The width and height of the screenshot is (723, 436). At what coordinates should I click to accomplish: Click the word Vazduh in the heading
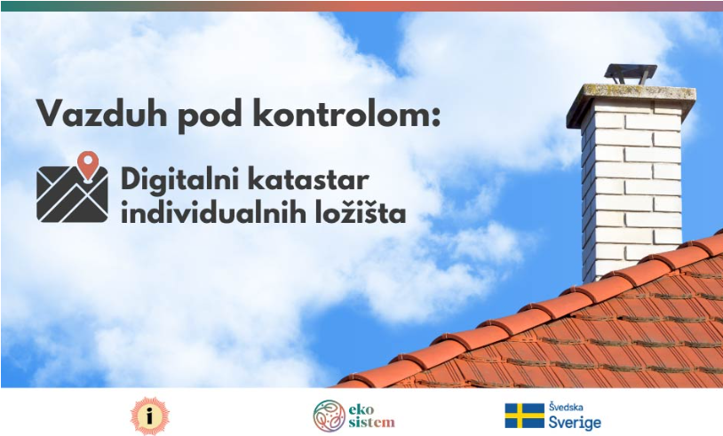click(x=101, y=113)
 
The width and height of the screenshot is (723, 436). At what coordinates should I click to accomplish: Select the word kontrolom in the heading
click(x=337, y=113)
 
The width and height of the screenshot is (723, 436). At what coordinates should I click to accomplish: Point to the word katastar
click(x=308, y=179)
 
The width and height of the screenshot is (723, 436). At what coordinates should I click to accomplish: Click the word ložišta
click(x=354, y=213)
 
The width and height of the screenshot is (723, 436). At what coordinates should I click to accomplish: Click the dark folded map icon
click(x=72, y=194)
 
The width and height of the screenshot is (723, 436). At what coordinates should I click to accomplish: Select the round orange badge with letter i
click(x=149, y=416)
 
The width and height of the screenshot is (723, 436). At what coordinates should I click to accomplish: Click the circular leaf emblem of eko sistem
click(x=329, y=416)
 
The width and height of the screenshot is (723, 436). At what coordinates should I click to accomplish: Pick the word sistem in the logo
click(x=371, y=422)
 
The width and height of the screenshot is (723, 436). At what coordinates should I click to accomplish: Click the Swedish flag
click(x=524, y=416)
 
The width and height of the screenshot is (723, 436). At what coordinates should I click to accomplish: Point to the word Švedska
click(x=566, y=408)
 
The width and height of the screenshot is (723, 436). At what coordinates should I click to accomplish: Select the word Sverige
click(x=575, y=422)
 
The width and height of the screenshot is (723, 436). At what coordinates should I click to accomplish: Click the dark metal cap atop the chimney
click(x=631, y=74)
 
